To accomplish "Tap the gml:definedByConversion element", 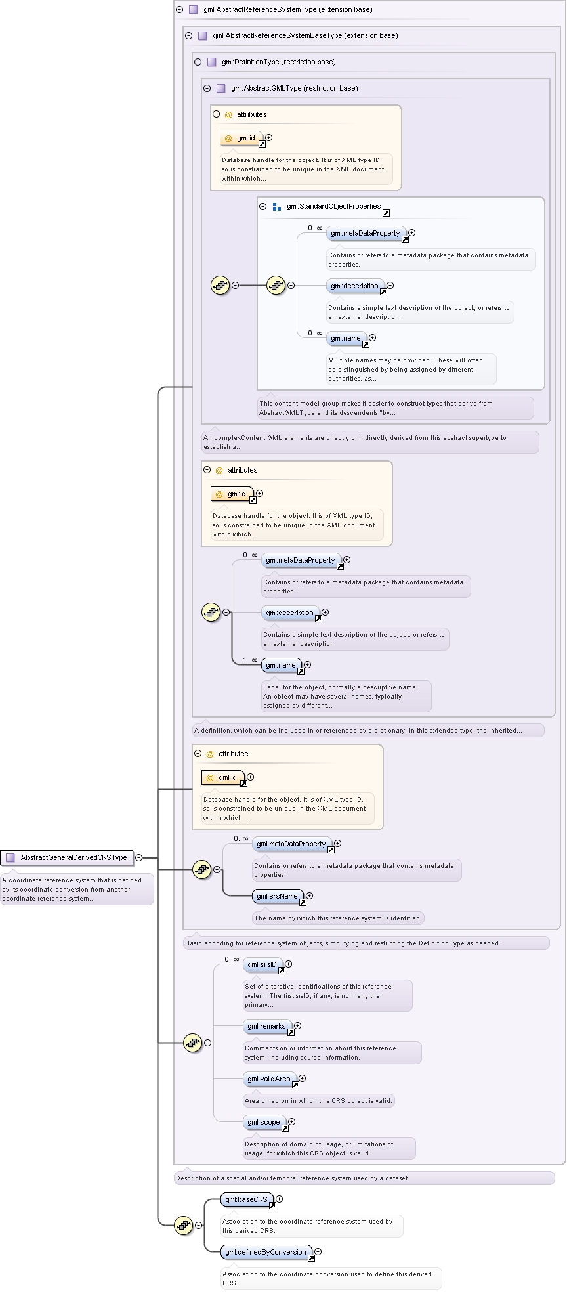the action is click(x=266, y=1252).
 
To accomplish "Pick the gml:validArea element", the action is click(x=270, y=1079).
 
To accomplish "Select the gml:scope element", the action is click(x=264, y=1122).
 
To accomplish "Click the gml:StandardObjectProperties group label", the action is click(x=333, y=206).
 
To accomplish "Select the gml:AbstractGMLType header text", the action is click(x=294, y=88).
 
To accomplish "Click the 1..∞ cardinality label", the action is click(x=250, y=660).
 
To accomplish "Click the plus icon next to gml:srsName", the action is click(x=310, y=896).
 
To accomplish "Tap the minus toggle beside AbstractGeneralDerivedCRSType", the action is click(x=138, y=857).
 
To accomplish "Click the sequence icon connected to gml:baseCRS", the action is click(x=183, y=1224).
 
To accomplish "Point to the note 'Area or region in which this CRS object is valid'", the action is click(x=318, y=1101).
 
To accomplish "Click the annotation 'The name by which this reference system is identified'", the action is click(x=337, y=918).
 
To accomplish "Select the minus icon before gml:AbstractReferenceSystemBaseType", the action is click(x=188, y=35).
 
